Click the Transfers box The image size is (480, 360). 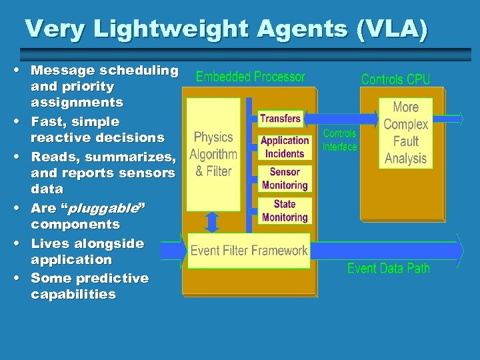coord(280,119)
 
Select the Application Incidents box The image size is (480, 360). coord(285,147)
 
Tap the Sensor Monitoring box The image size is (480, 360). coord(285,179)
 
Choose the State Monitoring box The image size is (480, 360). coord(285,211)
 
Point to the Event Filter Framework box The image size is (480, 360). coord(249,251)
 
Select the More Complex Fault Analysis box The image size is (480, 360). coord(405,133)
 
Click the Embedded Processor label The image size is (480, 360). coord(250,77)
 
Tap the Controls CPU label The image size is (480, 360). coord(395,79)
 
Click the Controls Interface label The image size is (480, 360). coord(339,140)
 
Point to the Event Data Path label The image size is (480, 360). coord(388,269)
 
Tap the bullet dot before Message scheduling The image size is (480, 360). coord(23,70)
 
